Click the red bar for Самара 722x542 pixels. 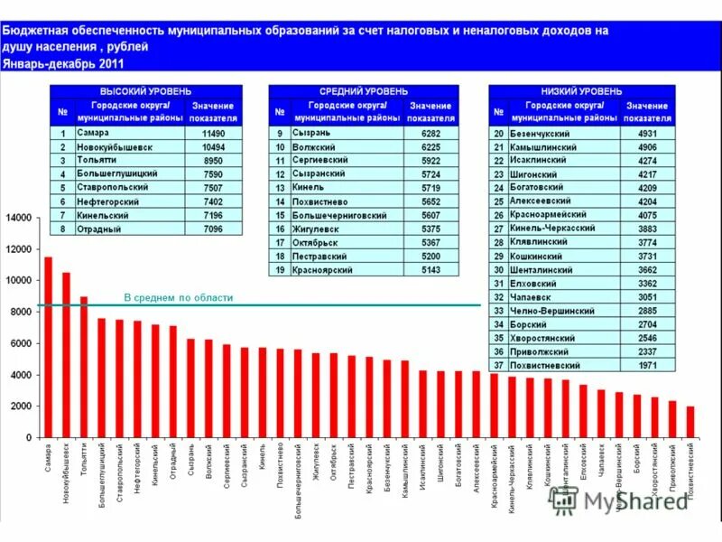pyautogui.click(x=48, y=347)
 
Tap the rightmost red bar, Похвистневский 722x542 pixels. pyautogui.click(x=690, y=422)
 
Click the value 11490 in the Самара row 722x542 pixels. pyautogui.click(x=213, y=132)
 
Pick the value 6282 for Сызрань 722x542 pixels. pyautogui.click(x=430, y=133)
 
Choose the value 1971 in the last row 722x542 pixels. pyautogui.click(x=648, y=366)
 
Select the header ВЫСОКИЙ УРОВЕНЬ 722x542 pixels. pyautogui.click(x=146, y=92)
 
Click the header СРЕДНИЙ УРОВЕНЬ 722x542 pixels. pyautogui.click(x=364, y=92)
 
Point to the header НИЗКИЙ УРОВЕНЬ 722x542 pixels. pyautogui.click(x=582, y=92)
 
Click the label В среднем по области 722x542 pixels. pyautogui.click(x=178, y=298)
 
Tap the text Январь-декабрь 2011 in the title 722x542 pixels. pyautogui.click(x=63, y=65)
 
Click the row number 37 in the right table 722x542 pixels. pyautogui.click(x=498, y=366)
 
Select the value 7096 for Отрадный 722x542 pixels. pyautogui.click(x=213, y=229)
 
